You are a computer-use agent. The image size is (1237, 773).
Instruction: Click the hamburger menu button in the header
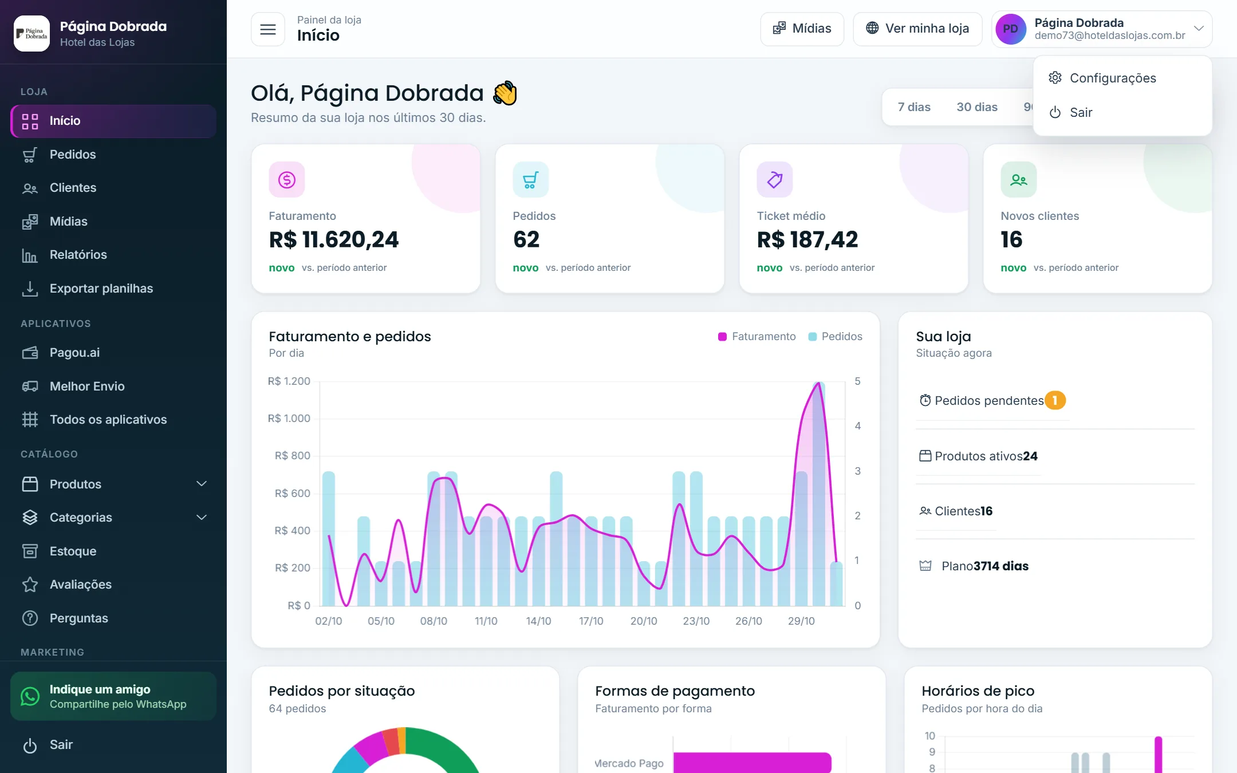tap(268, 29)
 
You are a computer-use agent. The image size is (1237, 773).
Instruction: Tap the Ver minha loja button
tap(917, 29)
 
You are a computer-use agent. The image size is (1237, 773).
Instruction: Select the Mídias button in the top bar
tap(802, 29)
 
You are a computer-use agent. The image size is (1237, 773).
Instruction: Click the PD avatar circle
tap(1011, 29)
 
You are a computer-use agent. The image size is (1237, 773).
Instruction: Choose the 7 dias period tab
tap(914, 107)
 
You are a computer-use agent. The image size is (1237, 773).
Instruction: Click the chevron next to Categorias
tap(202, 518)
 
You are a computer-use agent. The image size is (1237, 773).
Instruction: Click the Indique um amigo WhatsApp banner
tap(113, 696)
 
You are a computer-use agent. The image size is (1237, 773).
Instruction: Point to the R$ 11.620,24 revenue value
tap(334, 239)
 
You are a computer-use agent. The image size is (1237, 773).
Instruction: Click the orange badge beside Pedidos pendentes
tap(1055, 400)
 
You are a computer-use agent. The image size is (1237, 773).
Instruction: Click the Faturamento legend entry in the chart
tap(757, 337)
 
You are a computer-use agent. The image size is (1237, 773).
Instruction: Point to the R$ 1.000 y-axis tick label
tap(289, 419)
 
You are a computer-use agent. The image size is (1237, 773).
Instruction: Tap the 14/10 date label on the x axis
tap(538, 621)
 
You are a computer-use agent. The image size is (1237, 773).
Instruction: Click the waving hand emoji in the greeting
tap(505, 93)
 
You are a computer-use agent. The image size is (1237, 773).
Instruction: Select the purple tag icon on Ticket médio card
tap(775, 180)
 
